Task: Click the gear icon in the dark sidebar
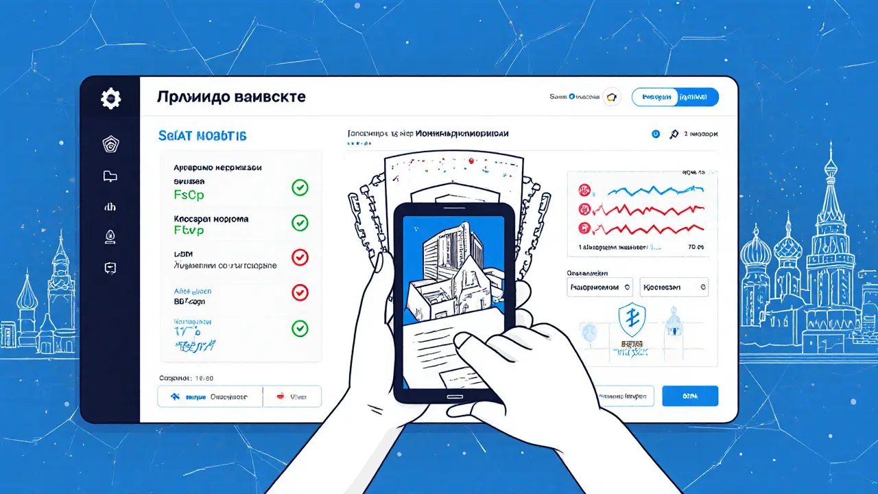(x=110, y=99)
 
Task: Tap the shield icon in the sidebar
(x=110, y=144)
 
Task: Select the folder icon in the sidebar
(x=110, y=176)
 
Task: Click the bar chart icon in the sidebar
(x=110, y=207)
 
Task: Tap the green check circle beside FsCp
(x=300, y=187)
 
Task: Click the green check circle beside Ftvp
(x=300, y=222)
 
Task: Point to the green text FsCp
(x=189, y=194)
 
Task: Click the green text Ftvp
(x=189, y=231)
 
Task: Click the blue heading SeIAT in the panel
(x=202, y=136)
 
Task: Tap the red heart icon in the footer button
(x=280, y=396)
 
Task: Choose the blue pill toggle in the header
(x=674, y=97)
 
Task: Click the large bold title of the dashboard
(x=231, y=97)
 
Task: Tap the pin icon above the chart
(x=674, y=134)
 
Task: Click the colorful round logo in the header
(x=610, y=97)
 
